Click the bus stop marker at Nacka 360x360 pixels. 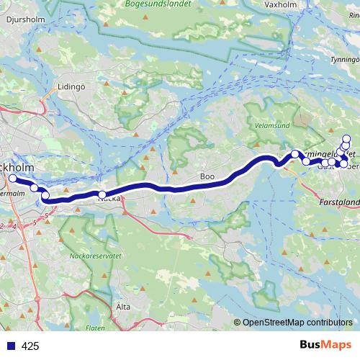[102, 194]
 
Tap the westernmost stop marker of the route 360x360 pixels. [12, 178]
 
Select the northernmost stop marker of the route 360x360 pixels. [346, 138]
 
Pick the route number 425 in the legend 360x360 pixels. [30, 346]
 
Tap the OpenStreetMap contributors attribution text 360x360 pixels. [297, 323]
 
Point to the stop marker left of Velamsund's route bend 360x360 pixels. [294, 153]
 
